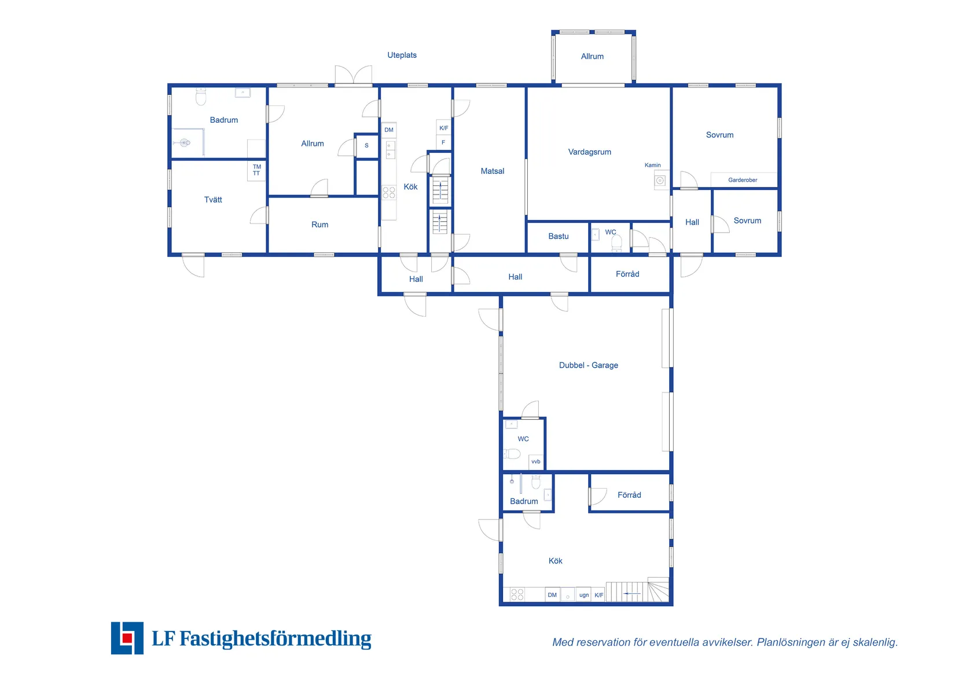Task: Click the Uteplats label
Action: tap(402, 55)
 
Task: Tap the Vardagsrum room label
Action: tap(589, 152)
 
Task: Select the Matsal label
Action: tap(493, 171)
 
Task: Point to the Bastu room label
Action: tap(558, 236)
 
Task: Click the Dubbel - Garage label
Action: tap(589, 365)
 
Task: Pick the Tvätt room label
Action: tap(213, 200)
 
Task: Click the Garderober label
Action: tap(742, 180)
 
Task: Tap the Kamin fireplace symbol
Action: tap(660, 181)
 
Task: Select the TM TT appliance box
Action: tap(256, 170)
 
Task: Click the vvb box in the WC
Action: tap(536, 462)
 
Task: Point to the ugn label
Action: tap(584, 595)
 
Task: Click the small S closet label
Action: tap(366, 145)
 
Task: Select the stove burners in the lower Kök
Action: tap(517, 595)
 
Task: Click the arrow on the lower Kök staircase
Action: tap(632, 593)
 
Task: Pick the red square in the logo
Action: tap(127, 637)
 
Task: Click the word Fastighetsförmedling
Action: tap(276, 639)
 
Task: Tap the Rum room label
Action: tap(319, 225)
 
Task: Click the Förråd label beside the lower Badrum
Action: tap(629, 495)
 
